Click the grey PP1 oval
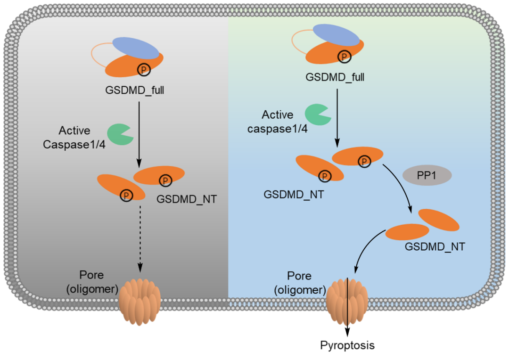tap(427, 176)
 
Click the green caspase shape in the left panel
tap(119, 134)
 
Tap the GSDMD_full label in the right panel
tap(335, 77)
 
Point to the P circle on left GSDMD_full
tap(143, 70)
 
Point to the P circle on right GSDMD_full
tap(345, 57)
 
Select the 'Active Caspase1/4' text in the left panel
tap(74, 138)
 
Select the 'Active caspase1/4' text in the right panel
tap(278, 122)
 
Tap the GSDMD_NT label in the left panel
tap(187, 199)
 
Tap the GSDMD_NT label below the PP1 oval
tap(435, 246)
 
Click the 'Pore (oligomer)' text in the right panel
tap(300, 283)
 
